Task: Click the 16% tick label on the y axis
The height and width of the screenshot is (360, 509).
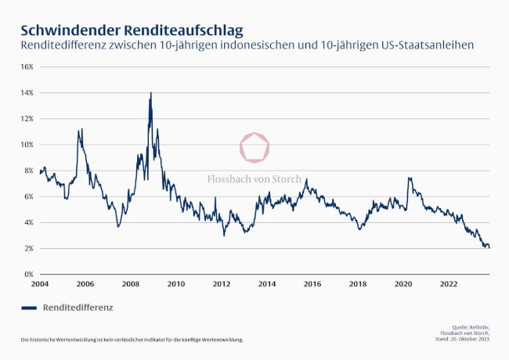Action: (27, 67)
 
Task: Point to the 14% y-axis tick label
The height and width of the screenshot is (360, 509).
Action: (27, 92)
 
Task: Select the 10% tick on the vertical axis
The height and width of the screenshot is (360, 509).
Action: (27, 145)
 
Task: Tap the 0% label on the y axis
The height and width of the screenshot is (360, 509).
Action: (28, 275)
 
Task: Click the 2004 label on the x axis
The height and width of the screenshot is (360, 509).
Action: (40, 284)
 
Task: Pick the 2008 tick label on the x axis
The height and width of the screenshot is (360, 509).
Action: (130, 284)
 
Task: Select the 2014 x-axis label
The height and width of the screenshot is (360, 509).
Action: (267, 284)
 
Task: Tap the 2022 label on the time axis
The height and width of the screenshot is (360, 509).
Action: (448, 284)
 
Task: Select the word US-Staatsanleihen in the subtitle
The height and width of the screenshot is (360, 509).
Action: (424, 46)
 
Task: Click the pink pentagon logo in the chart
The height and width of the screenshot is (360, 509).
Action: (254, 148)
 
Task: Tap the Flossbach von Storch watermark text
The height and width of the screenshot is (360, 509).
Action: (254, 179)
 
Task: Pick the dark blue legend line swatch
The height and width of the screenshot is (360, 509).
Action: (29, 308)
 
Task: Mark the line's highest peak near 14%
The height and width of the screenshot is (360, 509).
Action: (150, 93)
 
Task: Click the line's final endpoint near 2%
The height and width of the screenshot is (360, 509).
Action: (489, 247)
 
